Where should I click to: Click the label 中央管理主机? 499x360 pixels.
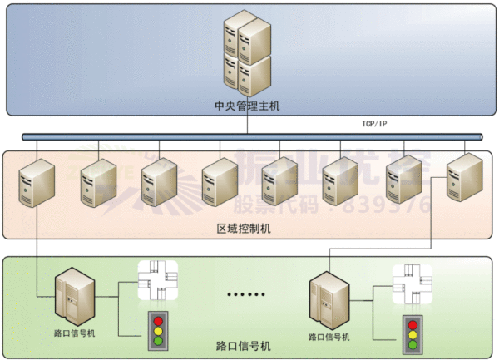click(248, 106)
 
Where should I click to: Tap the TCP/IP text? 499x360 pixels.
click(374, 124)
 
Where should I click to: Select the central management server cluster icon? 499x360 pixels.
click(247, 53)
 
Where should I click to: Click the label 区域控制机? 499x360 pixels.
click(248, 227)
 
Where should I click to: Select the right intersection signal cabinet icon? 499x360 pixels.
click(327, 301)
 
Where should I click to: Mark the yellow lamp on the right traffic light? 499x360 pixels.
click(411, 336)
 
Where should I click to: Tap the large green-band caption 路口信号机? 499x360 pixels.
click(249, 344)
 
